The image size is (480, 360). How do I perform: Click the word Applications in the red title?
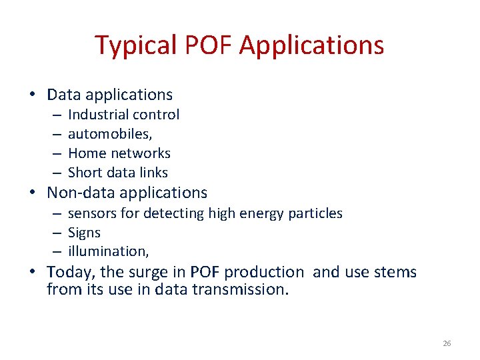pos(311,45)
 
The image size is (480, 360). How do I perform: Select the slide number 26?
pos(447,343)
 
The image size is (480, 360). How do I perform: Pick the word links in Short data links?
pos(152,173)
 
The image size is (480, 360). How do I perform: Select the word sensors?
pos(91,214)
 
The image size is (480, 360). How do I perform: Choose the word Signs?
pos(84,233)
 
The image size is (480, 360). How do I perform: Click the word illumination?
pos(107,251)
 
